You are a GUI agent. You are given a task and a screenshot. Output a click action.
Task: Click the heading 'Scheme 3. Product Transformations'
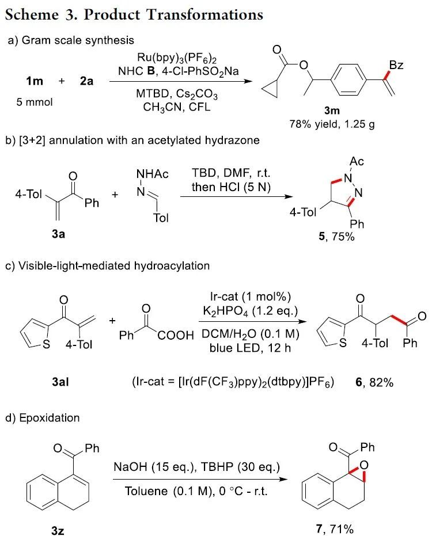click(x=134, y=14)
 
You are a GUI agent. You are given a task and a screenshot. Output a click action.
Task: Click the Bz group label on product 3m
click(x=396, y=66)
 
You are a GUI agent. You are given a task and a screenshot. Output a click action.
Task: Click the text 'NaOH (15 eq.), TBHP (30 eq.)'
click(x=188, y=468)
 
